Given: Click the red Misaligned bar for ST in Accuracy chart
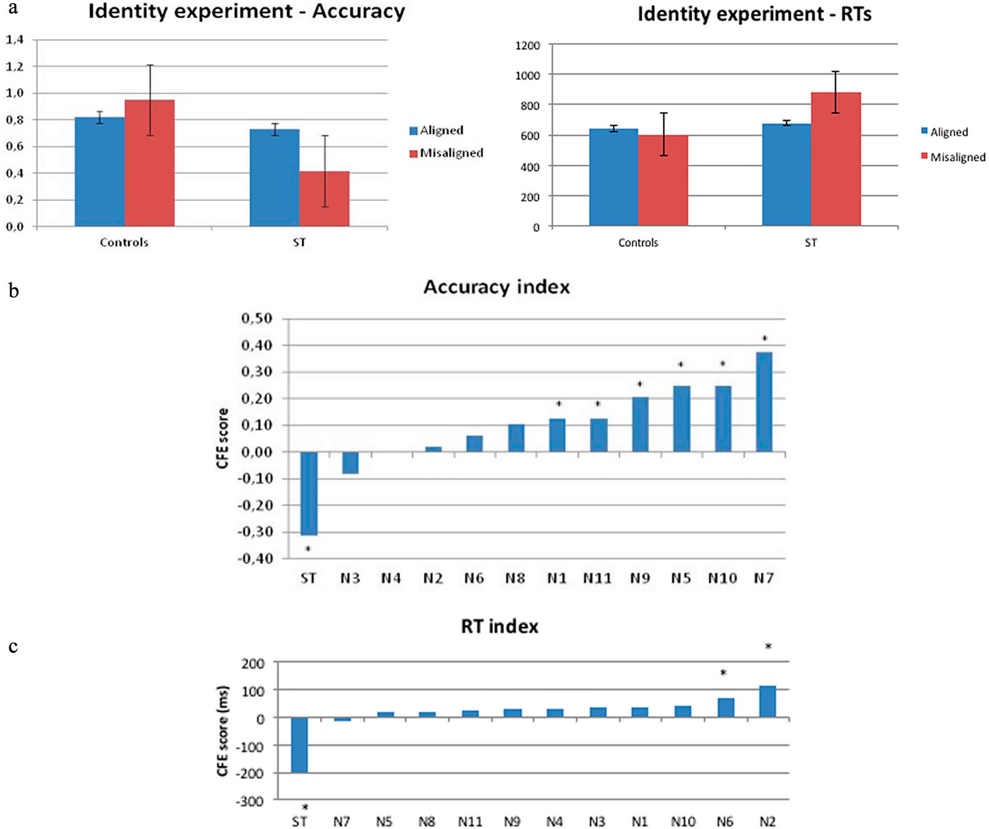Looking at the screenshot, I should (x=324, y=199).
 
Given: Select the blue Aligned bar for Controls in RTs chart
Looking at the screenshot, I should (x=613, y=177).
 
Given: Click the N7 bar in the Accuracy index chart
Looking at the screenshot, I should (x=764, y=402).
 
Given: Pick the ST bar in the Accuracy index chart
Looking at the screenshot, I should (x=309, y=493).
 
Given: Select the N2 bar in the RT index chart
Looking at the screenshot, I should (x=767, y=701).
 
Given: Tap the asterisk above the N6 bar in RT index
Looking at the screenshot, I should (x=724, y=673).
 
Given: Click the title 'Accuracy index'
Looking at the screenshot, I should (x=497, y=287).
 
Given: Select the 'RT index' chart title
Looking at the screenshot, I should (x=499, y=626).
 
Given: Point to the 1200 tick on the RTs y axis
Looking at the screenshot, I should (x=527, y=45).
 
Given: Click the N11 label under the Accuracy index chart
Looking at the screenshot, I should (x=597, y=578).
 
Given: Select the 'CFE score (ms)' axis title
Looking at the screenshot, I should (x=222, y=731).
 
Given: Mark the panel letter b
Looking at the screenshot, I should (x=14, y=291).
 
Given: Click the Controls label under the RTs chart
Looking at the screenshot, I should (x=638, y=243).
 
